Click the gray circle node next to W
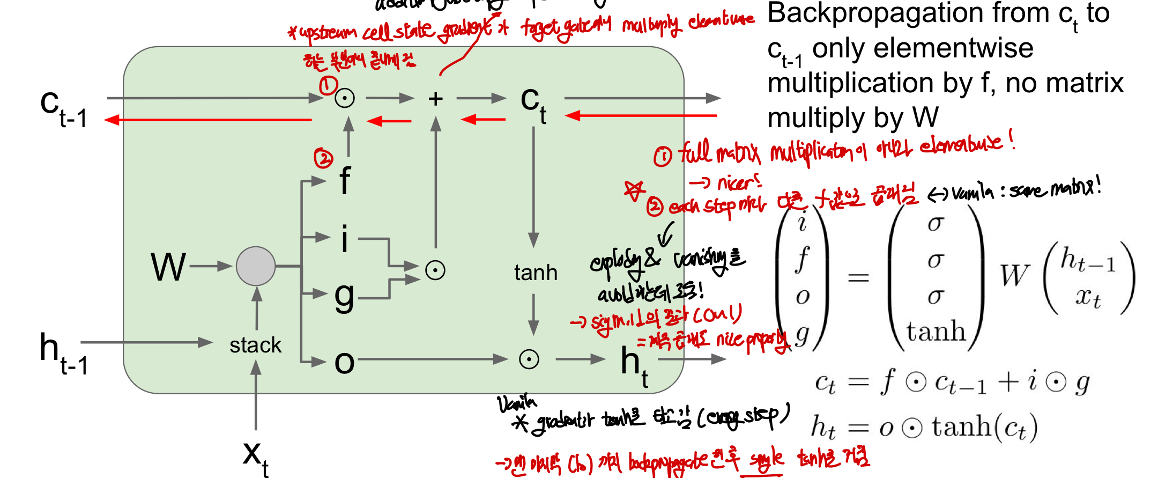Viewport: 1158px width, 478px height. click(256, 266)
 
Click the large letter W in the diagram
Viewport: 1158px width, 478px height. click(168, 267)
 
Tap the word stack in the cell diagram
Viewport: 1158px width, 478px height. click(255, 345)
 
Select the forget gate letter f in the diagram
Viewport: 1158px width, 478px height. click(345, 181)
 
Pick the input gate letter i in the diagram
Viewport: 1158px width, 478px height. click(344, 238)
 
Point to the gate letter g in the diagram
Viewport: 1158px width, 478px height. click(344, 296)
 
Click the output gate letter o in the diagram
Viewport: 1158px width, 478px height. click(344, 363)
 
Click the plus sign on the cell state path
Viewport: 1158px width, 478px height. click(435, 99)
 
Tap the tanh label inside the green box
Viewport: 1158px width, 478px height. click(536, 273)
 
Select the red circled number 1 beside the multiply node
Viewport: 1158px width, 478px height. click(328, 85)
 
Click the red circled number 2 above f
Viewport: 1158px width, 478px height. click(323, 158)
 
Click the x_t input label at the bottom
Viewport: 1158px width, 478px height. click(255, 457)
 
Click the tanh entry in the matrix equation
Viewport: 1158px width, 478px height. click(936, 331)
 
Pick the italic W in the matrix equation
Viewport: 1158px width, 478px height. click(1014, 276)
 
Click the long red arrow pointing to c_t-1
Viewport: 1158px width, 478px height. click(209, 120)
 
